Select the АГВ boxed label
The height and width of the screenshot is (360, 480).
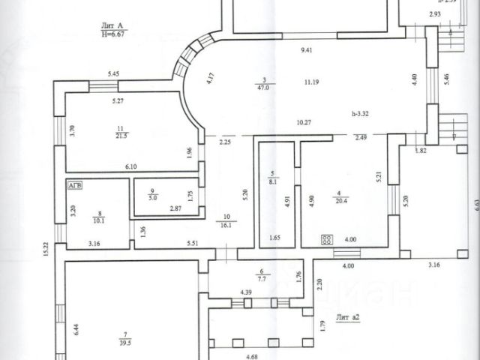pos(76,184)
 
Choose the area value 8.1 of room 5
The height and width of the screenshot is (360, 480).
pos(274,180)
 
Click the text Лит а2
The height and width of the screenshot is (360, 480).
pos(349,317)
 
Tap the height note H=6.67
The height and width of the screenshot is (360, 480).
pos(115,34)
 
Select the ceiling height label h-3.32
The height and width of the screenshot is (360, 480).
pos(366,113)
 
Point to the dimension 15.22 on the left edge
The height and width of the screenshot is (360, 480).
pos(46,247)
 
